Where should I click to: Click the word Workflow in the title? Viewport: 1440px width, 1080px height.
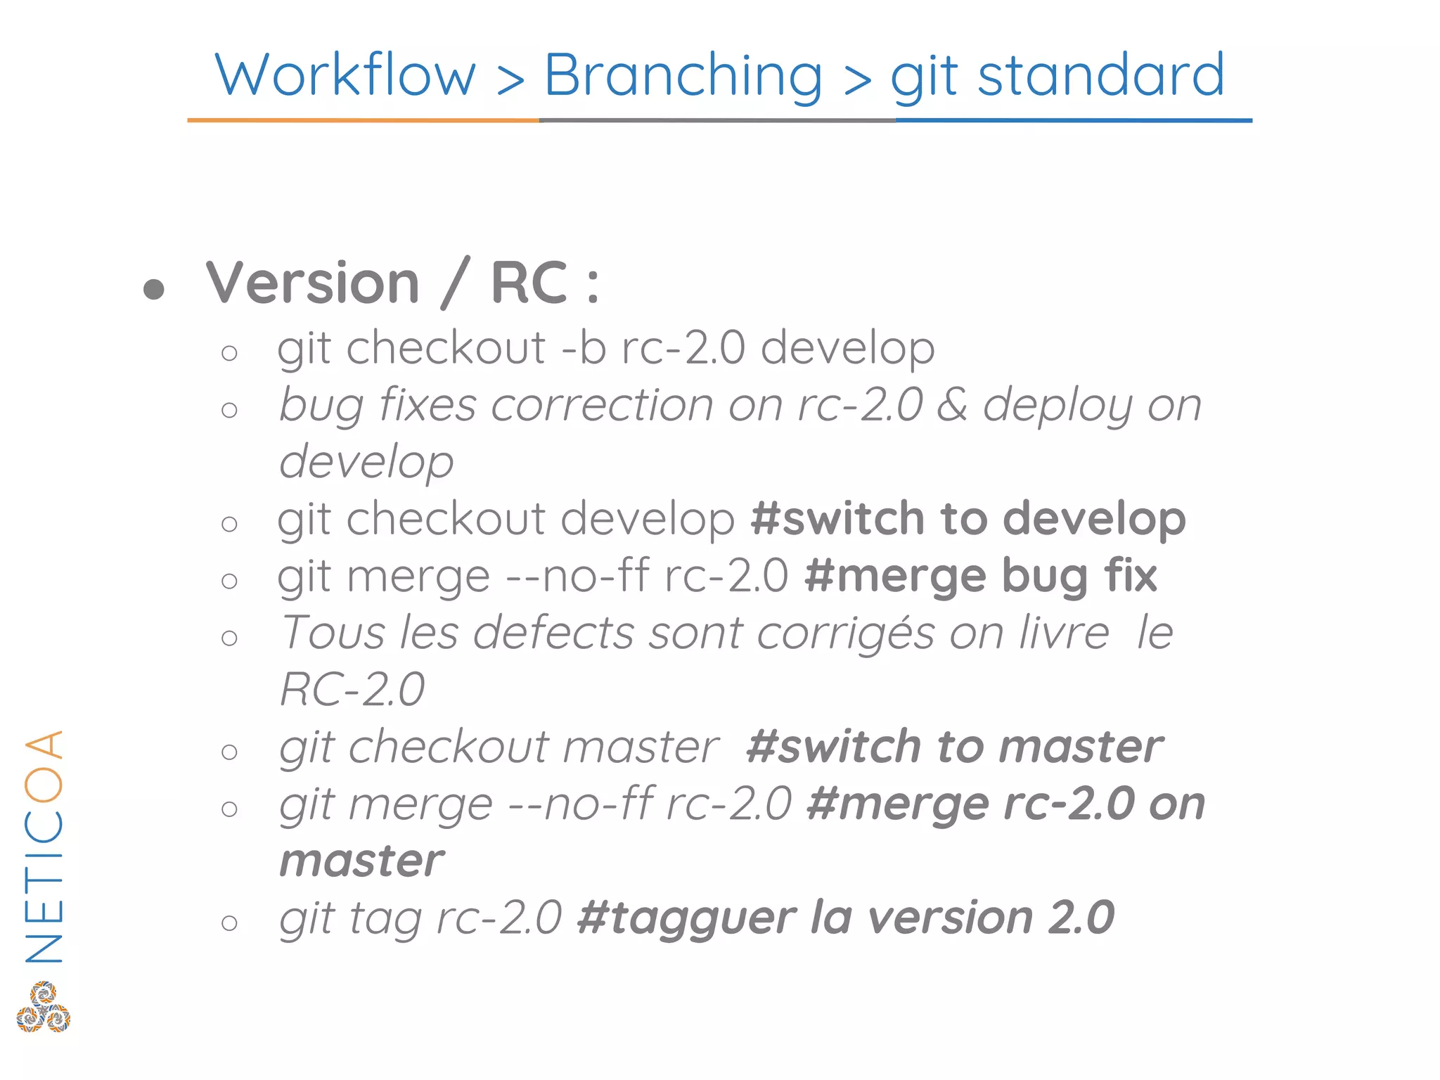tap(345, 75)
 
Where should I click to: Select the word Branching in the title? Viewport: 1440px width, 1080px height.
tap(683, 75)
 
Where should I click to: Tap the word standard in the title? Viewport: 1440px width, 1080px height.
tap(1101, 75)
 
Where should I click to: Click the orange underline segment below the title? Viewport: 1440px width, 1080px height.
tap(363, 120)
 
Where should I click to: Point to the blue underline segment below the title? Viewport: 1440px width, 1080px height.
tap(1074, 120)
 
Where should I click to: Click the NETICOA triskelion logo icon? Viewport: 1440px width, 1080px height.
tap(44, 1007)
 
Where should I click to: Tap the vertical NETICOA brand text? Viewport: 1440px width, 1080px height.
tap(44, 847)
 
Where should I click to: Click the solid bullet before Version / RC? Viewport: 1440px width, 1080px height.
tap(153, 288)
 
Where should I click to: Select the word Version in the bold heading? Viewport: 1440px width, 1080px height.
tap(313, 283)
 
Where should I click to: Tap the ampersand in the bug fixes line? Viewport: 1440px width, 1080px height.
tap(953, 406)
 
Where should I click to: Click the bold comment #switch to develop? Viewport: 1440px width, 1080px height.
tap(968, 519)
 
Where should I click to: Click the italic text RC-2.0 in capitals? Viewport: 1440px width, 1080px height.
tap(352, 689)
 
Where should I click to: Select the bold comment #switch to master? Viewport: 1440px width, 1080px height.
tap(955, 747)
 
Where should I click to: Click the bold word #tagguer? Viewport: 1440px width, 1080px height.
tap(686, 918)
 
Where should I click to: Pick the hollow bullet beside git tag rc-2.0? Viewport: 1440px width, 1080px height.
tap(229, 922)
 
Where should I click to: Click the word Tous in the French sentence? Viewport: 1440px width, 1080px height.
tap(333, 633)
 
